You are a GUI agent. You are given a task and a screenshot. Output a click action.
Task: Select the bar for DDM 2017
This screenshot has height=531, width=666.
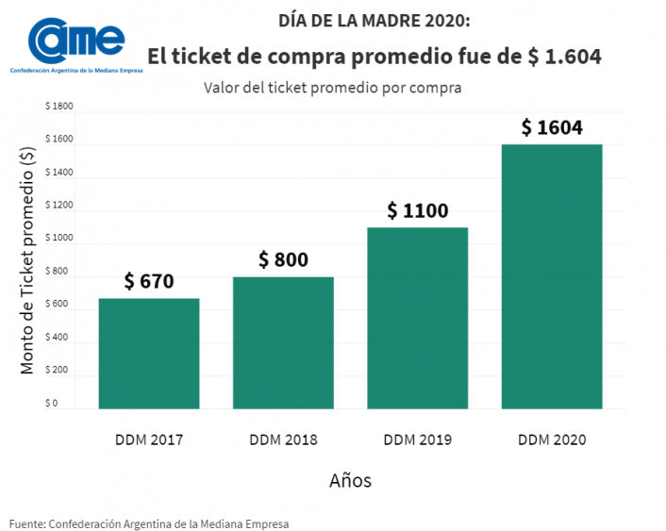tap(149, 354)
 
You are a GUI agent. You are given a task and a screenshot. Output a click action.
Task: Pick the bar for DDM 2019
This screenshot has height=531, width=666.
tap(417, 318)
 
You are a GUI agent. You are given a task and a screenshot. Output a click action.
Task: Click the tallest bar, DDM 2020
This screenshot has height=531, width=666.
tap(551, 276)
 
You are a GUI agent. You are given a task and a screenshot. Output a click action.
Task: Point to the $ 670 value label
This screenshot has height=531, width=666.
tap(149, 281)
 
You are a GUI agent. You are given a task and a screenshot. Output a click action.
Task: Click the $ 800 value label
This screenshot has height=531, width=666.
tap(283, 259)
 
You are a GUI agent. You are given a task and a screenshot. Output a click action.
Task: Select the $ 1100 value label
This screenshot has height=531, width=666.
tap(417, 210)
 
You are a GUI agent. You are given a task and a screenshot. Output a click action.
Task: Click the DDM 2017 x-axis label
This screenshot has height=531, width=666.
tap(149, 440)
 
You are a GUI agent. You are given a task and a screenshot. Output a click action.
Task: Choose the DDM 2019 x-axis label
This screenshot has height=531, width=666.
tap(417, 440)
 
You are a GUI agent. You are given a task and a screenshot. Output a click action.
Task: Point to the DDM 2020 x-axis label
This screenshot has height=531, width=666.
tap(552, 440)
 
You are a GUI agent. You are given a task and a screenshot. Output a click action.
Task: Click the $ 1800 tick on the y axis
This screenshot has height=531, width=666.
tap(58, 108)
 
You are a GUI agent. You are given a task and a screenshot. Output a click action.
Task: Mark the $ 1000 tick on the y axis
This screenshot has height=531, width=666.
tap(58, 239)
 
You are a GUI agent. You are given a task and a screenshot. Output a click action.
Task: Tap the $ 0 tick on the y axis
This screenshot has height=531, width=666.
tap(52, 404)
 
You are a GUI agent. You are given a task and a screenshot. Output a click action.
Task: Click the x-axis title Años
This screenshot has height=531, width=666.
tap(350, 481)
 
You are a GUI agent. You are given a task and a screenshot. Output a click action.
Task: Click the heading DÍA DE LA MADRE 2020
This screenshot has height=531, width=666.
tap(374, 21)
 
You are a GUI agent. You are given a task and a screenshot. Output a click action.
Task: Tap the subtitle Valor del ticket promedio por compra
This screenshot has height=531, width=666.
tap(332, 88)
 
